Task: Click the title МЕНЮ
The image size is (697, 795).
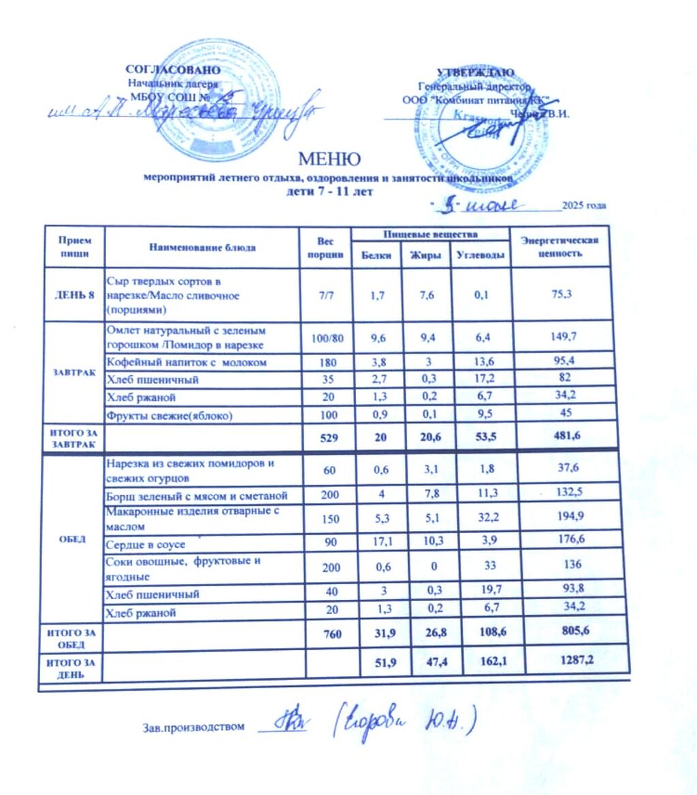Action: tap(329, 159)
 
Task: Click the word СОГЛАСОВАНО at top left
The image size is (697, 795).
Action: tap(173, 70)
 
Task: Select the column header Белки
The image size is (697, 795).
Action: tap(376, 256)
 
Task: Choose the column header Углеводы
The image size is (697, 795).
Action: tap(481, 256)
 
